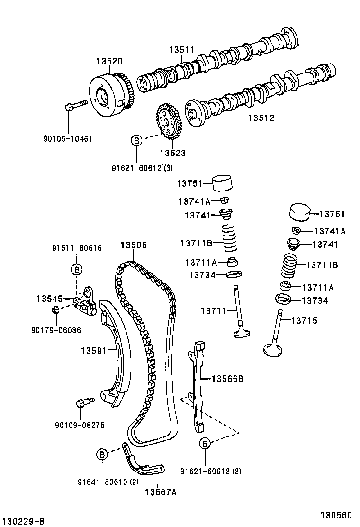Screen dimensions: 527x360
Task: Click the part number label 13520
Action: pos(109,61)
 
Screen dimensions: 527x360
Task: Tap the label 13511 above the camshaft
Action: pos(182,50)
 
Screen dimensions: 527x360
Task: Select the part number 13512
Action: pos(261,118)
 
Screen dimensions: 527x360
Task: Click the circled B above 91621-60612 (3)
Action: pos(136,140)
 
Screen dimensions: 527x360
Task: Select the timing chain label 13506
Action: pos(133,245)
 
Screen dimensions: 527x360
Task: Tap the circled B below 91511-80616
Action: pos(76,270)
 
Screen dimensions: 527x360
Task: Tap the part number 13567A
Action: pos(160,492)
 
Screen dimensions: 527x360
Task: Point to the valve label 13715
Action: pos(304,321)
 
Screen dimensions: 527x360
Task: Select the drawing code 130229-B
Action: pos(23,521)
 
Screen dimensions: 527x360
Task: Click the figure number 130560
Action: pos(337,515)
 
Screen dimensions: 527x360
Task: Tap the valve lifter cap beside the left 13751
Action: pos(223,183)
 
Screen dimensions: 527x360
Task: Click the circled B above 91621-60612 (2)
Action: pos(205,444)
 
